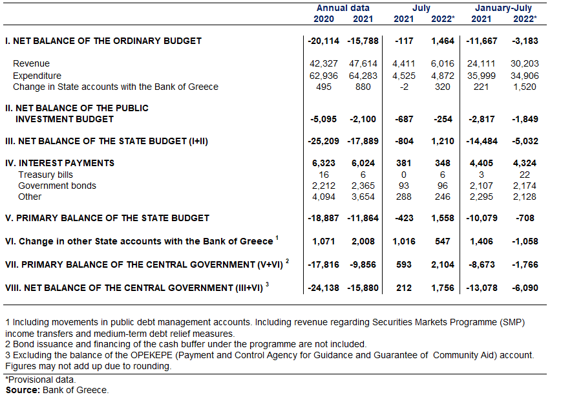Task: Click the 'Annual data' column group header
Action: tap(343, 8)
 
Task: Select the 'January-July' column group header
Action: tap(503, 8)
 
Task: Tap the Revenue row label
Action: tap(31, 64)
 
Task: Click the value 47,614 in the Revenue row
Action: tap(363, 64)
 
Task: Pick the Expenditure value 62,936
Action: tap(323, 76)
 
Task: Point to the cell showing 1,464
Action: tap(442, 41)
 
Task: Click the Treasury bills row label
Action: tap(45, 175)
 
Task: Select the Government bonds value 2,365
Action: tap(363, 186)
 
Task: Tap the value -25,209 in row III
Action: tap(323, 142)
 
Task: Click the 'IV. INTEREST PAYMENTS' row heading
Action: tap(59, 163)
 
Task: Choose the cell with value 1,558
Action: tap(442, 219)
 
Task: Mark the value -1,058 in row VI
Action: tap(525, 242)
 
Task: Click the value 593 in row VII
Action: tap(403, 265)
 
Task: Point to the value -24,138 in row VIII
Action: tap(323, 288)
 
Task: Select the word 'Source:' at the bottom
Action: tap(23, 390)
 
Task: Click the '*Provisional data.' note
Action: tap(41, 380)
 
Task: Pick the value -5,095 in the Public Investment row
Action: tap(323, 119)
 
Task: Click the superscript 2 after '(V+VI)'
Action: tap(288, 261)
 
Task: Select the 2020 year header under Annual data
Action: tap(323, 19)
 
